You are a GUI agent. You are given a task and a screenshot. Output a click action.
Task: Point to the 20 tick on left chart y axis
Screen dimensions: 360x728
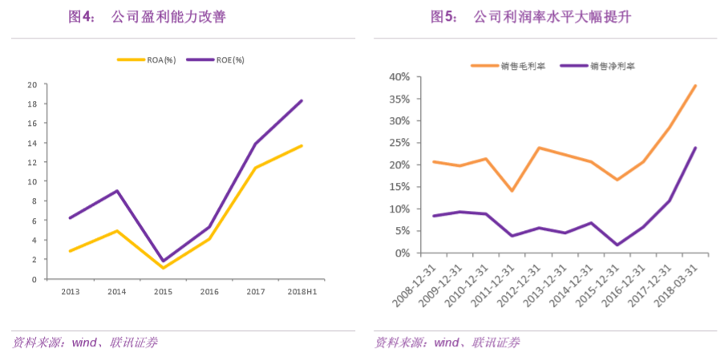click(x=32, y=84)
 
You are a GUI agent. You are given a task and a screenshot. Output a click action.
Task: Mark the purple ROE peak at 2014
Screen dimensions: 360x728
click(x=117, y=191)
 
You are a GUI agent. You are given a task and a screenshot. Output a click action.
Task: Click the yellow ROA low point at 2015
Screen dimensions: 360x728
click(x=163, y=268)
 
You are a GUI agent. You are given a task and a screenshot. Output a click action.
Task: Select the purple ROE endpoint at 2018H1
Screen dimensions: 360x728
click(x=301, y=100)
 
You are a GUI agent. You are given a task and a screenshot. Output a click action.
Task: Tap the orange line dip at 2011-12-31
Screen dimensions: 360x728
click(x=512, y=191)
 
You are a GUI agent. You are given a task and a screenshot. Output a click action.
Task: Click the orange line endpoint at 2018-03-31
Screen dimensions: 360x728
click(x=695, y=86)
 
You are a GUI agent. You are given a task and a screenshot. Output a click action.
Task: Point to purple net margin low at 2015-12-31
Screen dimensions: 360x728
click(x=617, y=245)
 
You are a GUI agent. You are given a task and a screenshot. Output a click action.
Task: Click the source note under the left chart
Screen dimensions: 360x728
click(x=84, y=343)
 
